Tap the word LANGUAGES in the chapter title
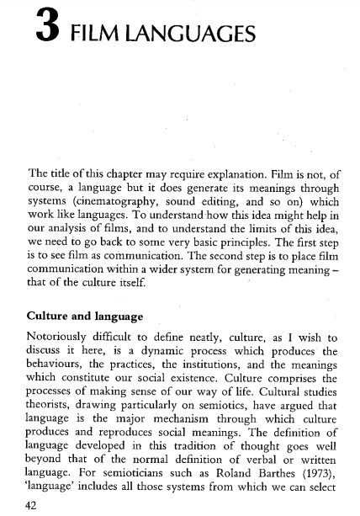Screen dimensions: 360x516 tap(194, 35)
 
